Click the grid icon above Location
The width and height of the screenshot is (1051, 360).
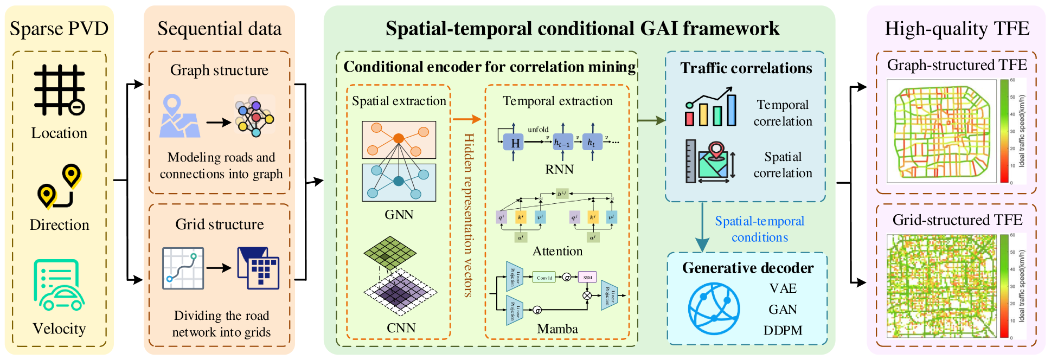59,90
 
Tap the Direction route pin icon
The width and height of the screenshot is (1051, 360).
59,187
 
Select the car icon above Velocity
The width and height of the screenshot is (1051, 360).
59,285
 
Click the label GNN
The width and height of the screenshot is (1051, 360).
399,215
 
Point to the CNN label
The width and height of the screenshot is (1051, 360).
401,328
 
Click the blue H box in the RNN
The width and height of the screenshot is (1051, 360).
513,143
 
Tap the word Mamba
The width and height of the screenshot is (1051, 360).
557,329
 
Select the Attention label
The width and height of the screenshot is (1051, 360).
557,251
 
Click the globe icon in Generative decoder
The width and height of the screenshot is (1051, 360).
714,308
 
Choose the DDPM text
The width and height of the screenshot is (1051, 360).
783,330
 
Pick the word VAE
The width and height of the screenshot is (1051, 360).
783,288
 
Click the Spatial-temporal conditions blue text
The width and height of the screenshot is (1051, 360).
759,229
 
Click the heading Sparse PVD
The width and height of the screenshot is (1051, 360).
59,29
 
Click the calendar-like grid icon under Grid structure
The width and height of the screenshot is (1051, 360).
259,268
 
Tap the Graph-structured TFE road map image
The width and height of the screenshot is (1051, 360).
941,132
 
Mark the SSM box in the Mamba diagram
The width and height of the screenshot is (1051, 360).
587,277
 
